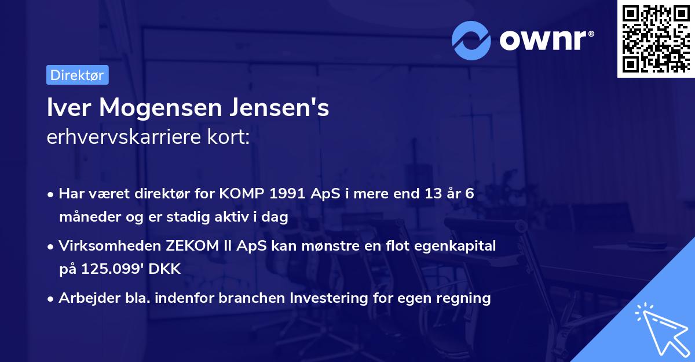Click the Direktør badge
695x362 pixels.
(77, 75)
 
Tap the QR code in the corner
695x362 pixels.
(656, 38)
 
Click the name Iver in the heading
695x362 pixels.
(68, 108)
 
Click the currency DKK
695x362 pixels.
(166, 269)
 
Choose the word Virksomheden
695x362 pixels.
(110, 246)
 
